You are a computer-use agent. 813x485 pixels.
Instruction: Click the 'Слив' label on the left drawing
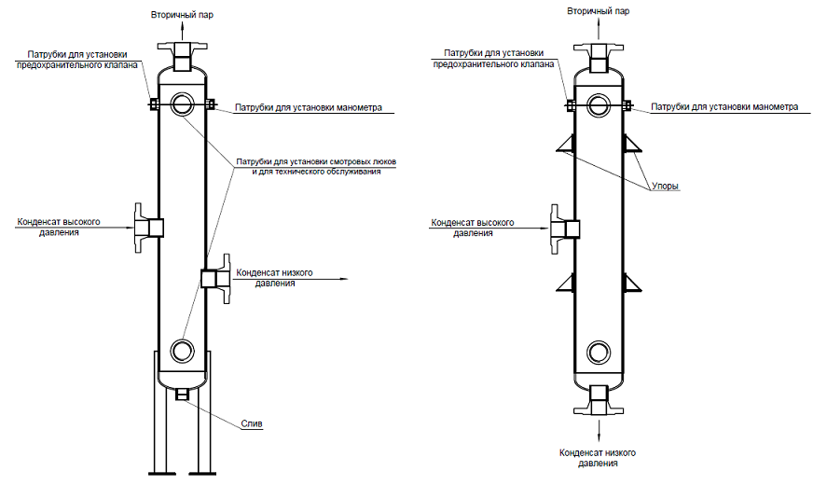(252, 423)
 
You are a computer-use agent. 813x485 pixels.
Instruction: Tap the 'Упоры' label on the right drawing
(666, 187)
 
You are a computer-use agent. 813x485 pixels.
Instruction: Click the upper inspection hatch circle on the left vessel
(182, 104)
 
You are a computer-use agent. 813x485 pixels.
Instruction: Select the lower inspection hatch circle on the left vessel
(182, 350)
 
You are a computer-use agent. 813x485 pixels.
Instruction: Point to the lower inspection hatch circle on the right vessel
(599, 352)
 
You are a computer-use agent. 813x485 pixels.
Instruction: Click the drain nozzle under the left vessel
(182, 395)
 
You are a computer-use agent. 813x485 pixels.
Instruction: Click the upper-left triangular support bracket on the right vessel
(566, 143)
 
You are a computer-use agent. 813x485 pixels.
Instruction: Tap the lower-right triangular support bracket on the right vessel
(632, 283)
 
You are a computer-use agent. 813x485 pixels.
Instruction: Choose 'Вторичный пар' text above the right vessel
(599, 11)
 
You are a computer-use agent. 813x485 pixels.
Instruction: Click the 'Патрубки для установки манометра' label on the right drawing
(724, 107)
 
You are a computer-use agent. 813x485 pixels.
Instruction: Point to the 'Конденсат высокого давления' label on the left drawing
(59, 228)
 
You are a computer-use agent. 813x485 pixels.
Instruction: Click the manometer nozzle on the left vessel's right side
(210, 104)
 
